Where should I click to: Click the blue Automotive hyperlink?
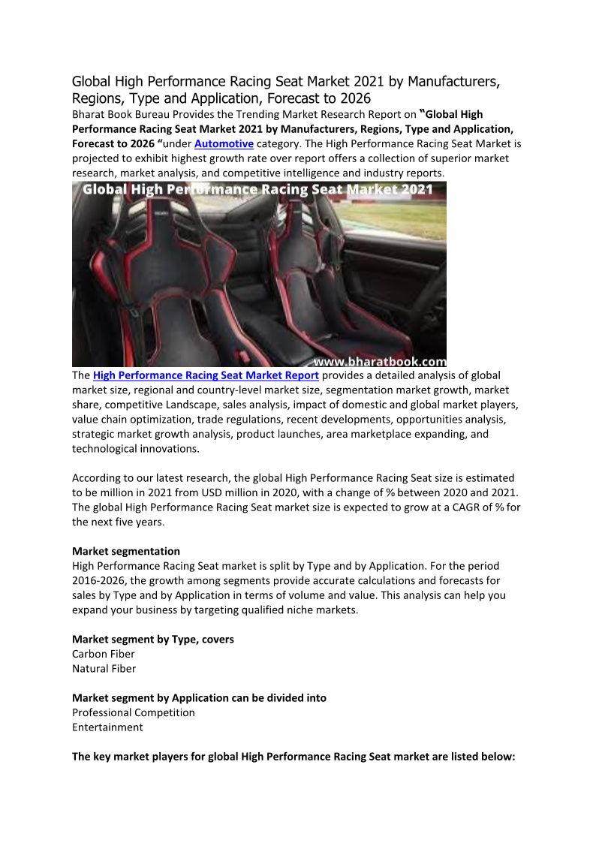click(x=224, y=143)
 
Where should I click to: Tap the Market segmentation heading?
click(x=125, y=551)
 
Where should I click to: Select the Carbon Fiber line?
click(x=104, y=654)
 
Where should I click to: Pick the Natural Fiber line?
click(x=104, y=668)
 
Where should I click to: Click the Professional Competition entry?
click(x=134, y=712)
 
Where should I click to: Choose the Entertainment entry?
click(x=107, y=727)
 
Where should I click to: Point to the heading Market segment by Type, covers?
click(x=153, y=639)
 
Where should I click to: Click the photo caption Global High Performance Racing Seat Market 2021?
click(x=257, y=189)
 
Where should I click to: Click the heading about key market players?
click(x=293, y=757)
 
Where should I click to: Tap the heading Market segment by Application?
click(x=199, y=697)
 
